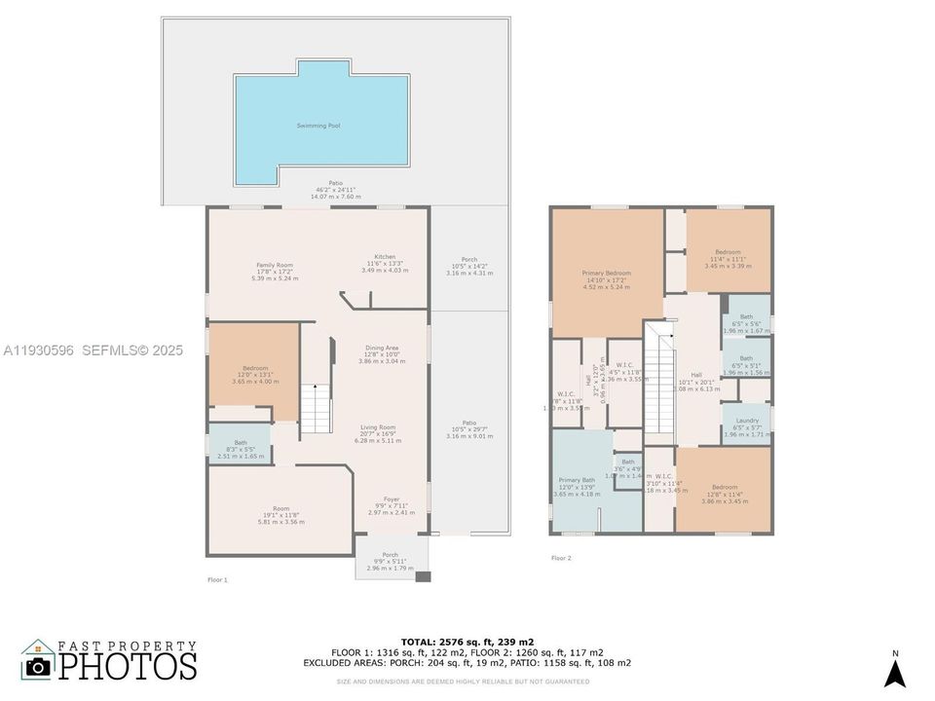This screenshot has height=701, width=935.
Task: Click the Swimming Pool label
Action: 318,126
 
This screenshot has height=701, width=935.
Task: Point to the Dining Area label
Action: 381,348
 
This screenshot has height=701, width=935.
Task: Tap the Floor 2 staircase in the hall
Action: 661,381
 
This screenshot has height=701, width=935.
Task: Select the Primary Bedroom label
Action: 606,274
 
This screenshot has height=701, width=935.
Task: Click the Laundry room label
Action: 747,421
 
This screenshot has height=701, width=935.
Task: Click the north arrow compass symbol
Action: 895,672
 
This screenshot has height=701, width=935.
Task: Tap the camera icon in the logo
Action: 38,666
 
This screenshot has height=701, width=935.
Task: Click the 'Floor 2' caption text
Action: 561,558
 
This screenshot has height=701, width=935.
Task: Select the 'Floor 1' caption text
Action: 217,579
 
